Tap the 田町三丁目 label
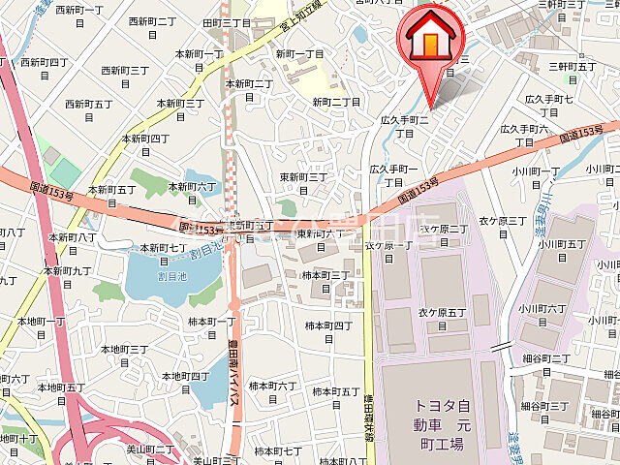[227, 28]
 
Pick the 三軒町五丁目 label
[572, 72]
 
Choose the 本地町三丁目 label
[126, 355]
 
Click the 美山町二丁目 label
[151, 454]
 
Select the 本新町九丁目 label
[68, 276]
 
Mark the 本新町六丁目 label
[194, 192]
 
